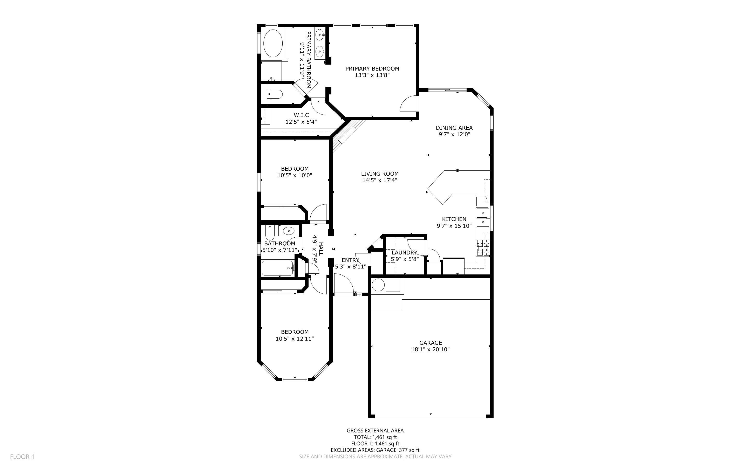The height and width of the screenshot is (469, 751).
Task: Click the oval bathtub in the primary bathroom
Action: click(273, 43)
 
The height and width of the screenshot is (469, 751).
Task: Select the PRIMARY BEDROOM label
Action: click(372, 68)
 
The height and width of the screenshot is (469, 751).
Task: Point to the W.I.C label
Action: click(301, 115)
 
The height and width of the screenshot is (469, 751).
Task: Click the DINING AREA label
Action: click(454, 128)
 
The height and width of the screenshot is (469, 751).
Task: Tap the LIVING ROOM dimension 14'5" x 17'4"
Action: click(379, 180)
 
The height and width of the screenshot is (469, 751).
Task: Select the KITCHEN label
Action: click(454, 219)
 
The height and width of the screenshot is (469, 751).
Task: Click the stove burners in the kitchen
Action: click(483, 247)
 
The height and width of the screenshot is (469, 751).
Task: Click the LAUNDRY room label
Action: click(404, 252)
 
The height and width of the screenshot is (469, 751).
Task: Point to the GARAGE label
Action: click(430, 343)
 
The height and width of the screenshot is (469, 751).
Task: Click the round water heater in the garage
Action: click(378, 285)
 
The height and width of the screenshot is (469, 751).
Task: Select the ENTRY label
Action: click(350, 260)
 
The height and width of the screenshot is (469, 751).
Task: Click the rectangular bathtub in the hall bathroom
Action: click(278, 268)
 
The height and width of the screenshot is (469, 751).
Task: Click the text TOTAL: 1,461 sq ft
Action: click(375, 437)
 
